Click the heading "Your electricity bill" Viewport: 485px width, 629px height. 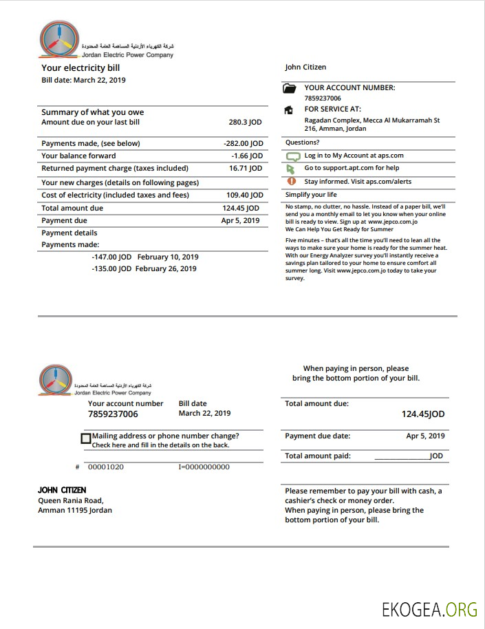click(80, 68)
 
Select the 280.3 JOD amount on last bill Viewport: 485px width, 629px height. click(245, 122)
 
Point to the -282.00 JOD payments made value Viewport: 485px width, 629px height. click(244, 144)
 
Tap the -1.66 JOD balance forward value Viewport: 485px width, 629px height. click(247, 156)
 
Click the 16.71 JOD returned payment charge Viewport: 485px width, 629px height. click(246, 169)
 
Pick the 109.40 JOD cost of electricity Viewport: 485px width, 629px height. click(244, 195)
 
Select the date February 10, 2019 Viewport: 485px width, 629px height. click(168, 257)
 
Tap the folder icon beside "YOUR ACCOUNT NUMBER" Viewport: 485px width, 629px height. click(290, 89)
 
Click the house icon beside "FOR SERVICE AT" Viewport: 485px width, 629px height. click(290, 110)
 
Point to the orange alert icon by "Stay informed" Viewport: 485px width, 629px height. click(291, 181)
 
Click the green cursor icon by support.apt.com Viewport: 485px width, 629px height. click(290, 169)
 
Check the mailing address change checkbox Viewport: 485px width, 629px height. click(86, 438)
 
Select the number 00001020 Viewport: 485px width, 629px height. click(106, 467)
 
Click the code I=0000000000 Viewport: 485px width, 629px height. click(204, 467)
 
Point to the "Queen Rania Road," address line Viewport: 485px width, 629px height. click(71, 501)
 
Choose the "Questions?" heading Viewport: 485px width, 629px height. click(303, 142)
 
